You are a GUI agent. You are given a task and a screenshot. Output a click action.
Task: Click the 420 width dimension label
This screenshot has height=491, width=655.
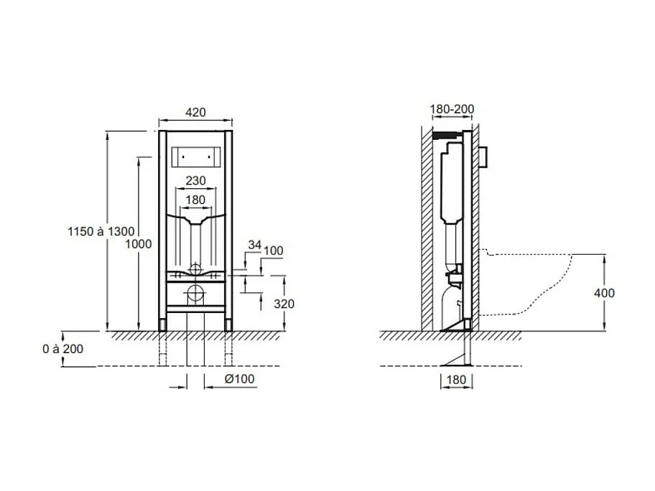coord(195,112)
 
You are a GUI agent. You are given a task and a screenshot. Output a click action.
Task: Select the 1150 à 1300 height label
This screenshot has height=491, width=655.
coord(101,231)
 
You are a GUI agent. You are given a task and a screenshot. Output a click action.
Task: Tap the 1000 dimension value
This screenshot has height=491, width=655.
coord(139,244)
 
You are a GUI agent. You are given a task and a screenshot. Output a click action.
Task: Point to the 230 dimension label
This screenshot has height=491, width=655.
coord(195,181)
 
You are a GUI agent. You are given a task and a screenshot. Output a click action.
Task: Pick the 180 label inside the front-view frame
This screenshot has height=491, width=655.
coord(195,200)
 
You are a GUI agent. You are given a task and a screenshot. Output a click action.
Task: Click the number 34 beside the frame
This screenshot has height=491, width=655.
coord(254,245)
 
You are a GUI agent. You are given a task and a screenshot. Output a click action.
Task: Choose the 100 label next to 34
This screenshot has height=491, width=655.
coord(274,251)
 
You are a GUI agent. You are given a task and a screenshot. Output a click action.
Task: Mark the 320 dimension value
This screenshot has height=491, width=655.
coord(284,304)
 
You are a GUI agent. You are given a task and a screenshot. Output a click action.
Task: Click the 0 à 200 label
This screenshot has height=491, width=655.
coord(62,349)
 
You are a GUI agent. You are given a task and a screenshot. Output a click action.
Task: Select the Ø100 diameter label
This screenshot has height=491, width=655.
coord(239,379)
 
